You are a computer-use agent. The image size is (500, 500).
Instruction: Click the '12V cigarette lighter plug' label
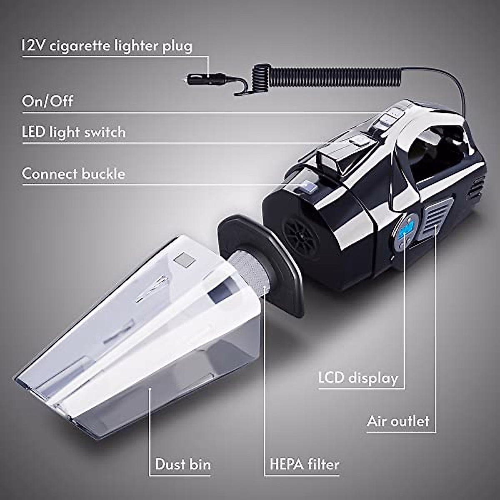point(107,46)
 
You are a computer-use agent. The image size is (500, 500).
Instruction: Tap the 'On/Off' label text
point(47,101)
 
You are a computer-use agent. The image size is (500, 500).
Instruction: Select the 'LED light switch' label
point(74,132)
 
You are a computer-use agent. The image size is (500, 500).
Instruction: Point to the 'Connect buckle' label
point(73,173)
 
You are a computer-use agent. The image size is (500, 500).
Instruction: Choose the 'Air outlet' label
point(398,421)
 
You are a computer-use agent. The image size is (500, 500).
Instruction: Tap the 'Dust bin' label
point(183,464)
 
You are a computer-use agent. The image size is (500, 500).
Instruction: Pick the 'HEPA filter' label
point(305,464)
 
